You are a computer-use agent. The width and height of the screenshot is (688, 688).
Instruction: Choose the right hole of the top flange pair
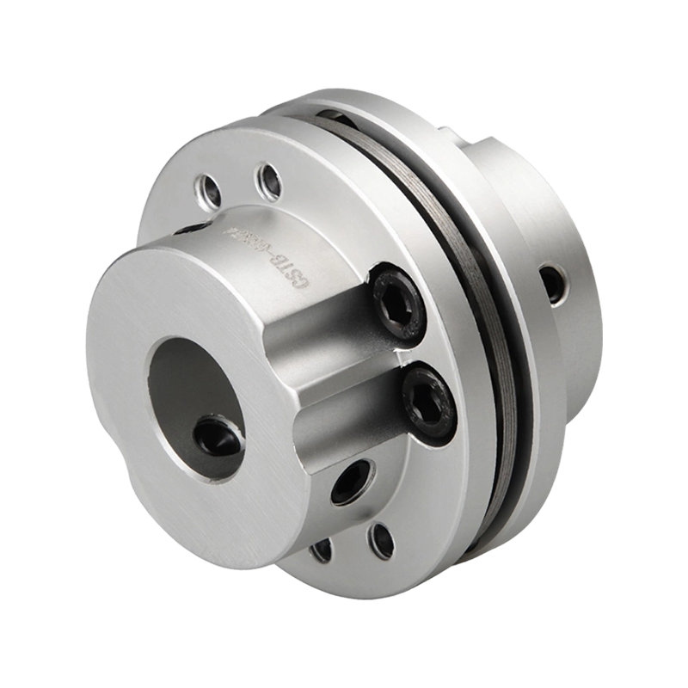click(x=267, y=182)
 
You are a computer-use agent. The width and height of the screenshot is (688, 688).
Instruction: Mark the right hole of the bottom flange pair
click(x=379, y=539)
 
